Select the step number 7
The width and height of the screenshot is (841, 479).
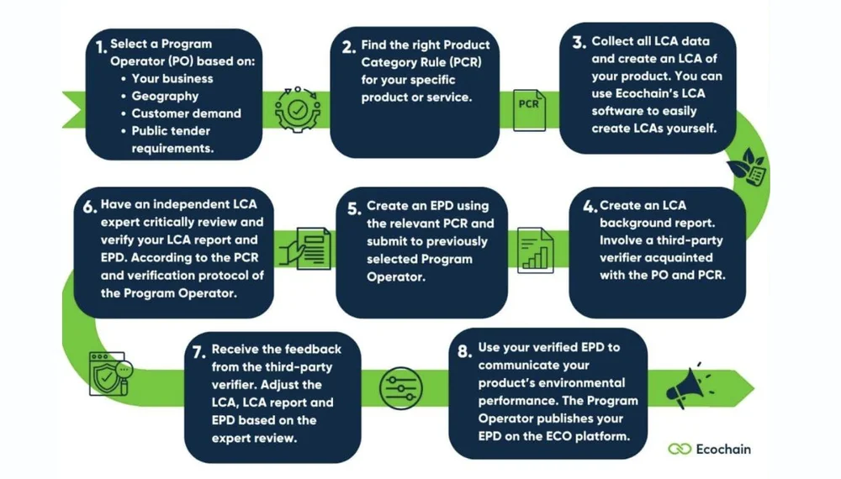[x=198, y=352]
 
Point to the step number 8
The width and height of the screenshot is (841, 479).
[x=464, y=350]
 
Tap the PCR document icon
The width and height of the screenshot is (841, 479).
[x=528, y=106]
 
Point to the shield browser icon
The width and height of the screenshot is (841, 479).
[x=107, y=374]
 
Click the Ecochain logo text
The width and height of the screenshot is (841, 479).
[x=723, y=449]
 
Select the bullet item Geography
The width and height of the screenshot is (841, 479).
[x=165, y=96]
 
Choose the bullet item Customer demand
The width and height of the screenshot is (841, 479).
[x=186, y=113]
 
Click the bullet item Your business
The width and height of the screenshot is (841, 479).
[x=172, y=78]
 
